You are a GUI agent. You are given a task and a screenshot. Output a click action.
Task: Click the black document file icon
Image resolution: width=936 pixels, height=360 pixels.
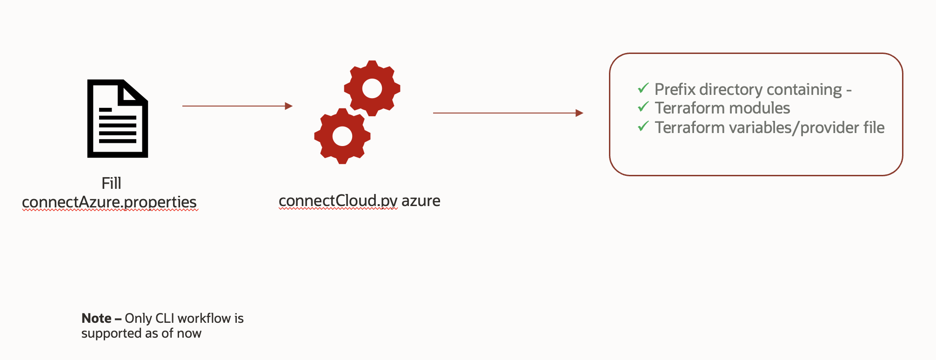click(x=118, y=119)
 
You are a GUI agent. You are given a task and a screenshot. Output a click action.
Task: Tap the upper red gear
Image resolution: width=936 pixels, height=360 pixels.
click(x=372, y=88)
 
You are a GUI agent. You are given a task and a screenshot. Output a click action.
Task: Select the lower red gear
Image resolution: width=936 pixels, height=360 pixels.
click(x=342, y=136)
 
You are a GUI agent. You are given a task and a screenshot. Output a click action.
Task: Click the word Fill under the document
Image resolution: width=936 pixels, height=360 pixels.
click(x=111, y=183)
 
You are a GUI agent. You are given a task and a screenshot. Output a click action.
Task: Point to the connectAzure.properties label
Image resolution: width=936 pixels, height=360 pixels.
click(x=109, y=202)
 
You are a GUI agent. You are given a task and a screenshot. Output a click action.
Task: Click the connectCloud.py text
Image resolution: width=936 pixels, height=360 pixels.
click(x=338, y=201)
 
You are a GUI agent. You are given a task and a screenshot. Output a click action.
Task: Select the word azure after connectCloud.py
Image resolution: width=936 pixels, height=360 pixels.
click(x=421, y=201)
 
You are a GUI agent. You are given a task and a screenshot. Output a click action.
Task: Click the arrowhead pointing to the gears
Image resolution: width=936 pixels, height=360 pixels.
click(x=288, y=106)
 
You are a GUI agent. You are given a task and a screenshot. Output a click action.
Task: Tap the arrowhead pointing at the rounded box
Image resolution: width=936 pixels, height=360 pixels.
click(x=579, y=113)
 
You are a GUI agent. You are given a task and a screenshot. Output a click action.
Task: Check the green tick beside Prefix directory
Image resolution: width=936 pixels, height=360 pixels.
click(x=643, y=88)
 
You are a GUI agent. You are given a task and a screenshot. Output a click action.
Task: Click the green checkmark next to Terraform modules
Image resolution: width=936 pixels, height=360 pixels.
click(x=643, y=107)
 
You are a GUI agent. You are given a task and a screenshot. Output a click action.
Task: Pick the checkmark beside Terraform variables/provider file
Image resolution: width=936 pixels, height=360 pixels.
click(x=643, y=126)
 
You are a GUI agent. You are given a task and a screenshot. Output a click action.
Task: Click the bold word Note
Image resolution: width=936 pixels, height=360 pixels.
click(x=96, y=318)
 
